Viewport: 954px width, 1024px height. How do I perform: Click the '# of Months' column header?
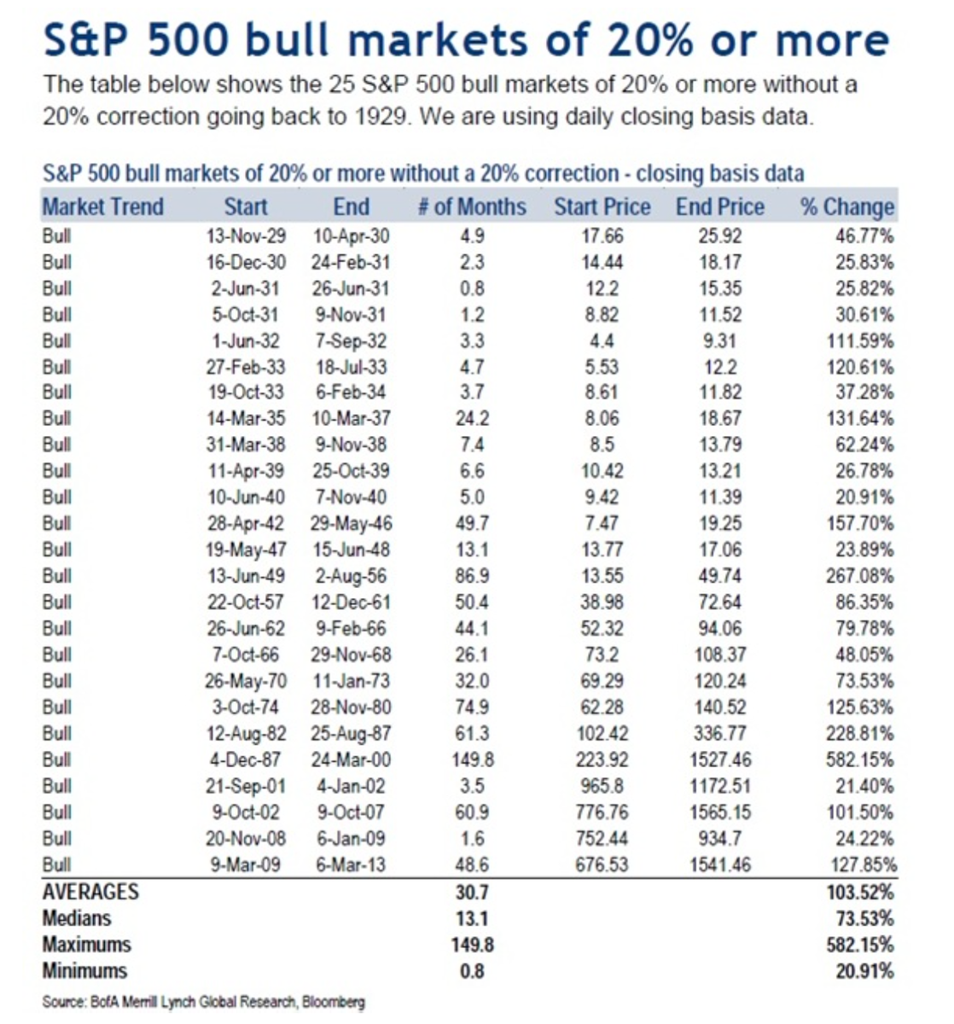471,207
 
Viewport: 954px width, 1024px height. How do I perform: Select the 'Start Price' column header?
602,207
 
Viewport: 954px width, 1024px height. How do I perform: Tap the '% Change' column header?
846,207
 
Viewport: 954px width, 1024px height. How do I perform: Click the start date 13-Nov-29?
246,236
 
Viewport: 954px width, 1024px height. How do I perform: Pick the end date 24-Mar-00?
351,759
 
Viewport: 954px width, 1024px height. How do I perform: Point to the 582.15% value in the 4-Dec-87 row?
859,759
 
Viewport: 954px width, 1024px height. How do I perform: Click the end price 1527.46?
719,759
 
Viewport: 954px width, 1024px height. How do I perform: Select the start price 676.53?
602,864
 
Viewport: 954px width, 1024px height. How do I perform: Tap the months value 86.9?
471,576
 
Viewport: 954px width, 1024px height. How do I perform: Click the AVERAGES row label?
90,892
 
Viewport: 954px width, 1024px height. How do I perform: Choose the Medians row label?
77,918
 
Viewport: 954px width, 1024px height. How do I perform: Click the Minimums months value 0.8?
471,971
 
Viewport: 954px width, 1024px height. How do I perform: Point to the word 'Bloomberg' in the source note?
334,1002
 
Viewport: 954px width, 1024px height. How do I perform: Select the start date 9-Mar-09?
246,864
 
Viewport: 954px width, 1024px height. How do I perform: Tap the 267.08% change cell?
859,576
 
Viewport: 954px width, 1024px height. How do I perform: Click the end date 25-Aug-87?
351,734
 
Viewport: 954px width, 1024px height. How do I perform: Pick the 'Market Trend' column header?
102,207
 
